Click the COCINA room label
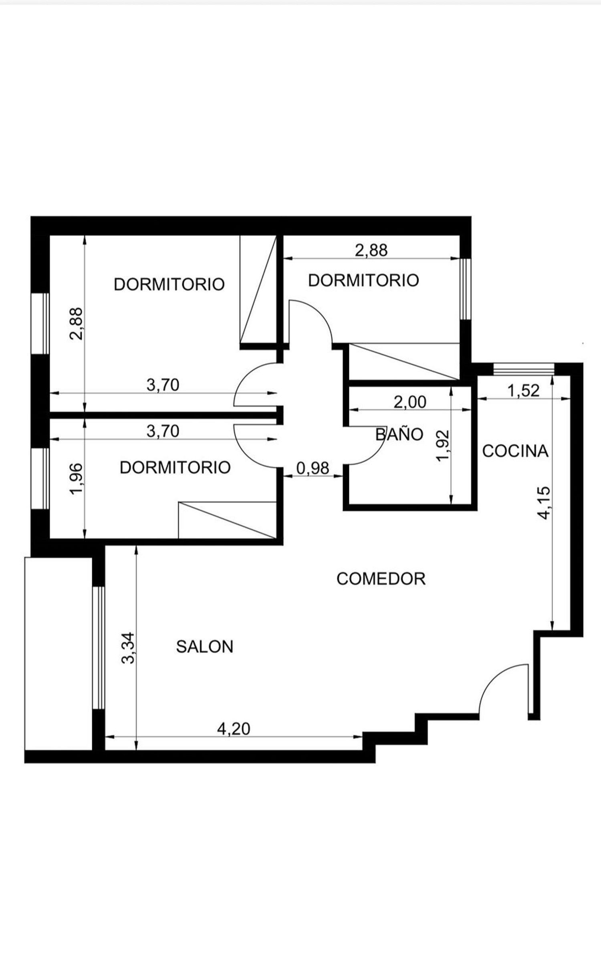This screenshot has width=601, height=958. coord(515,451)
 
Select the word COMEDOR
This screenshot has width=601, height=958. coord(381,579)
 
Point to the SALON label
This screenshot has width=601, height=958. coord(204,646)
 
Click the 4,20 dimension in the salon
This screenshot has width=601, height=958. coord(234,729)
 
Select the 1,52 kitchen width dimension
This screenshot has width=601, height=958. coord(524,390)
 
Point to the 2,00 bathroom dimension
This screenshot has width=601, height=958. coord(410,402)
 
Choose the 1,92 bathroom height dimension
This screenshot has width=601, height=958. coord(444,446)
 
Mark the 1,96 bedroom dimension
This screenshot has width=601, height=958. coord(76,479)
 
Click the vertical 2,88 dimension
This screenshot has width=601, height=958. coord(76,324)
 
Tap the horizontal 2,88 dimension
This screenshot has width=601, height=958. coord(371,250)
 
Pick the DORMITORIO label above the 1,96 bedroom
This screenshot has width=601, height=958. coord(175,468)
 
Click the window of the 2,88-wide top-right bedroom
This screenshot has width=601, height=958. coord(465,289)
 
